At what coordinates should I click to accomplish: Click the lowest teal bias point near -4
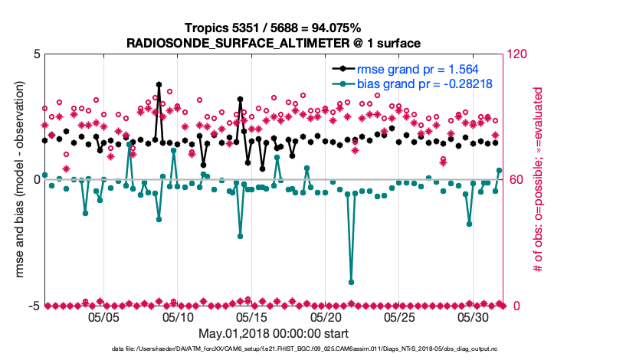point(352,282)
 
